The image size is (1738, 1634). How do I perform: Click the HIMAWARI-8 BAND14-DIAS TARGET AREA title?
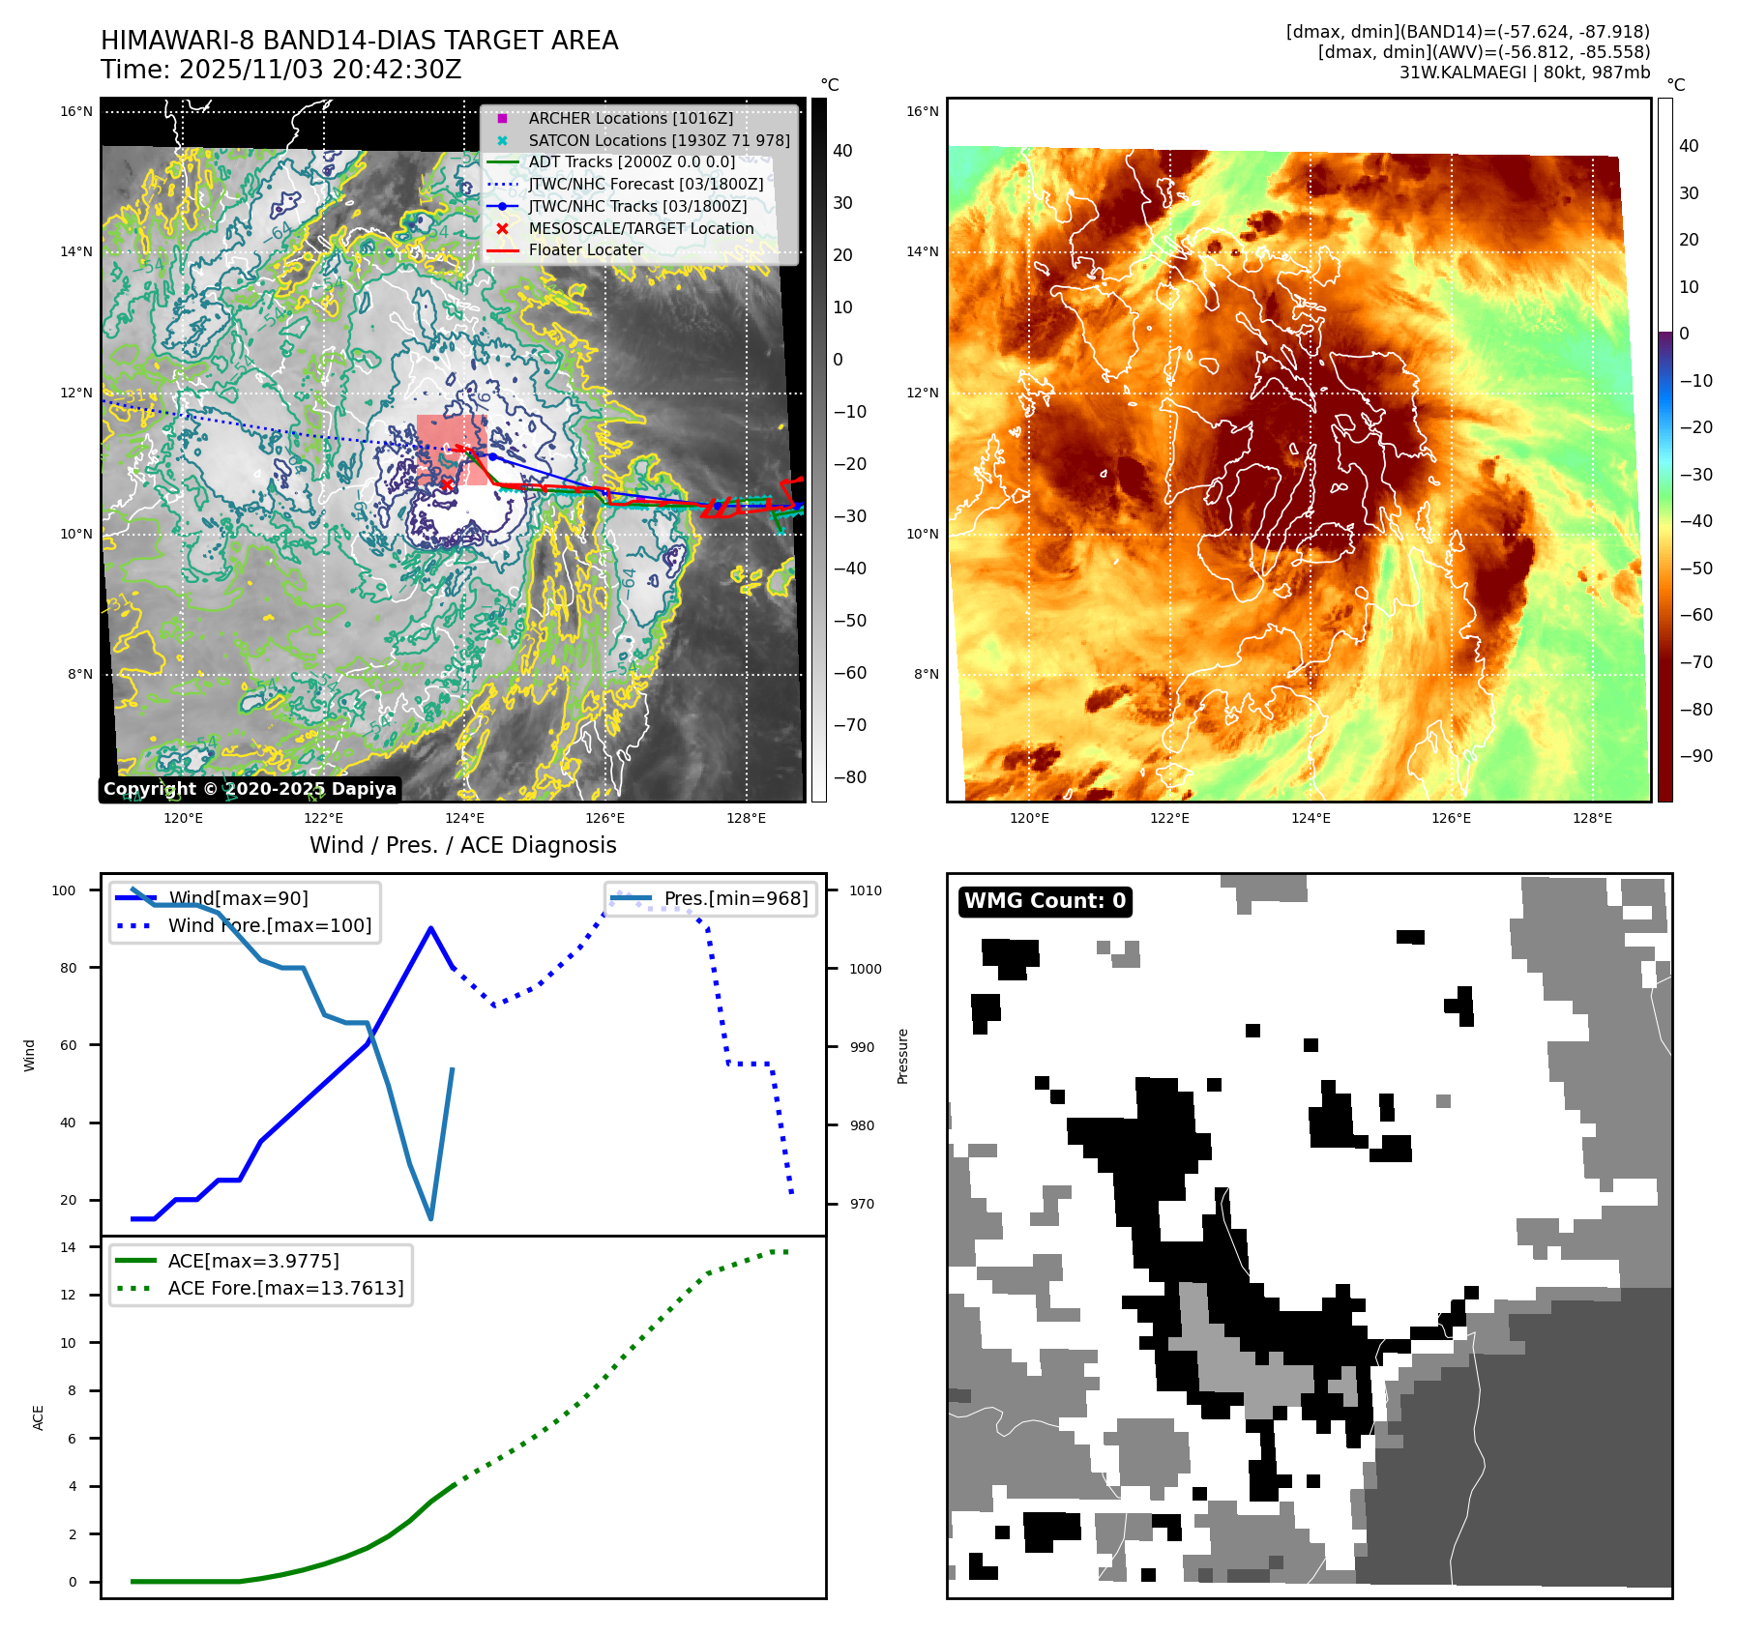[x=359, y=42]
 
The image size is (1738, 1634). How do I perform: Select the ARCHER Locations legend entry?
[x=630, y=119]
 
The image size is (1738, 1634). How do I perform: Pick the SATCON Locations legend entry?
[x=658, y=141]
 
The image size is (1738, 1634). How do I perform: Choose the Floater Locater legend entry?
[x=585, y=250]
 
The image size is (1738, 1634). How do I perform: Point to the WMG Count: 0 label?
[x=1045, y=901]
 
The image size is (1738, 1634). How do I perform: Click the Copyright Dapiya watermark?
[x=250, y=789]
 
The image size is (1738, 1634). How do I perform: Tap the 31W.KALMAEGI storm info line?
[x=1524, y=73]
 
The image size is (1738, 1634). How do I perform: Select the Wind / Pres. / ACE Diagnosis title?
[x=462, y=845]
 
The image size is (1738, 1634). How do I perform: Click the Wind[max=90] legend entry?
[x=238, y=899]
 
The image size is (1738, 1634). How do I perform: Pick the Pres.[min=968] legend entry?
[x=735, y=899]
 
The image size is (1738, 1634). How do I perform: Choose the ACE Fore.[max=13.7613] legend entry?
[x=285, y=1289]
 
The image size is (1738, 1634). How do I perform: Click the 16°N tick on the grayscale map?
[x=76, y=112]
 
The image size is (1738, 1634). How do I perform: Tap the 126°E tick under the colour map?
[x=1451, y=818]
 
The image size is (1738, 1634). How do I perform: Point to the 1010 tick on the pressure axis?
[x=866, y=890]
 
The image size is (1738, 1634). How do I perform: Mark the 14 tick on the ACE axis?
[x=68, y=1247]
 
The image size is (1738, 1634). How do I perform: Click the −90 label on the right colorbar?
[x=1695, y=756]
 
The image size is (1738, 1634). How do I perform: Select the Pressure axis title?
[x=902, y=1056]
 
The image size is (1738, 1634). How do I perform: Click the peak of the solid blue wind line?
[x=430, y=928]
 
